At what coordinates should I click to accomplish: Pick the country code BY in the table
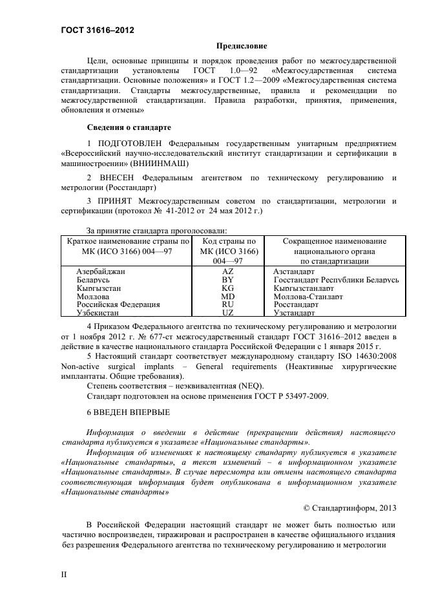click(x=227, y=281)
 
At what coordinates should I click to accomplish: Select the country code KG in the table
click(x=227, y=288)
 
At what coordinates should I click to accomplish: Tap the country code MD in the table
click(x=227, y=297)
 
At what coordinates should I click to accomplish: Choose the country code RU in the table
click(x=227, y=304)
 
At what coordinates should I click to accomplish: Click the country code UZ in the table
click(x=227, y=312)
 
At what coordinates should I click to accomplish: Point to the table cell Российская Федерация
click(x=118, y=304)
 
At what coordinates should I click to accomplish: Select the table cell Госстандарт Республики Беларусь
click(x=336, y=281)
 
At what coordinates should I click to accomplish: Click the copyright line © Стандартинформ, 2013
click(x=349, y=507)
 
